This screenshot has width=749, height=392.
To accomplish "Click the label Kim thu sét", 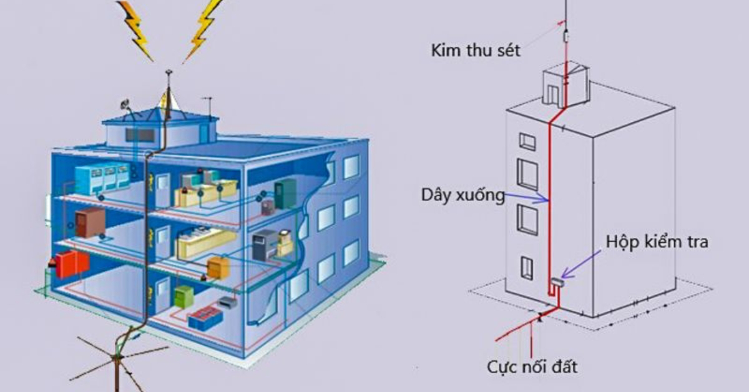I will point(475,51).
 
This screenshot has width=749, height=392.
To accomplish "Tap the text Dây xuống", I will point(463,195).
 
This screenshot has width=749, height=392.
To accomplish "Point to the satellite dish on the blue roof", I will point(125,104).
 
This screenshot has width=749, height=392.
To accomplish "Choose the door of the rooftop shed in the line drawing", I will point(552,94).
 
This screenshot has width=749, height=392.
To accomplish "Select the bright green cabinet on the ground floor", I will point(184,296).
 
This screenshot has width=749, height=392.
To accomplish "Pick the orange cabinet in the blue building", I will point(218,267).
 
